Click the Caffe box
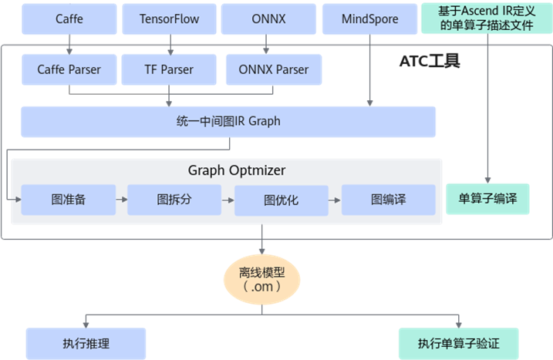69,19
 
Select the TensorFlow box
169,19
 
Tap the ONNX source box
266,19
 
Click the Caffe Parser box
69,69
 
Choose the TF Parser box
169,69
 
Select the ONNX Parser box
272,69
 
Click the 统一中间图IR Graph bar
228,122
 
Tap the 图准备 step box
68,200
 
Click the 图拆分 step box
174,200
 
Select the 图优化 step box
281,200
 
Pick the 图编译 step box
388,200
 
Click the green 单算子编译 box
493,199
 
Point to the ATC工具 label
430,62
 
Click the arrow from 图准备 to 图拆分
121,199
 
